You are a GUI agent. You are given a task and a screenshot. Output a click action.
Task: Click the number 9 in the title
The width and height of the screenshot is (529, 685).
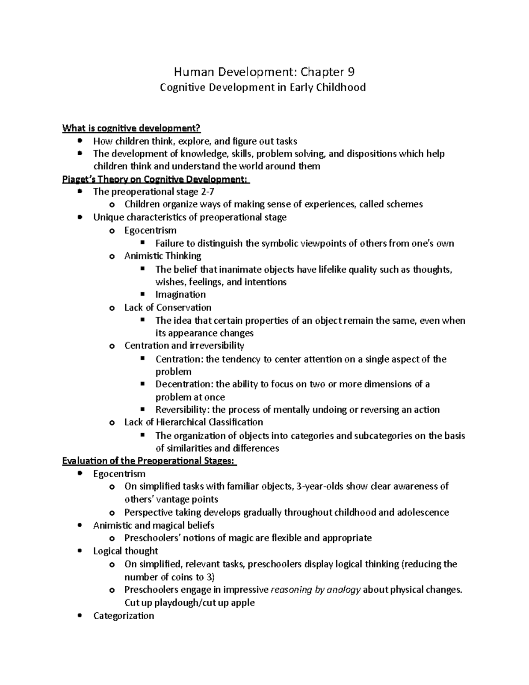click(x=351, y=71)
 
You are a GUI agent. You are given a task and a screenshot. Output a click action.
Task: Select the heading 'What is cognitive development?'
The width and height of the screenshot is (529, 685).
click(x=131, y=128)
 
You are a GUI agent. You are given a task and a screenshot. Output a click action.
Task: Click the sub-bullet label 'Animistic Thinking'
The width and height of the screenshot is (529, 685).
click(x=163, y=256)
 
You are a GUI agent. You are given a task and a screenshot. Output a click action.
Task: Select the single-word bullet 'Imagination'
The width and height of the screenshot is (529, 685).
click(x=180, y=294)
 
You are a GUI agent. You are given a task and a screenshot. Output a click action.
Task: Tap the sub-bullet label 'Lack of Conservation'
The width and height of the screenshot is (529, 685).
click(x=168, y=307)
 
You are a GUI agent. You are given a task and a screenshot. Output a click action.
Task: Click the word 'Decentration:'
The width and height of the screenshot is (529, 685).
click(x=184, y=384)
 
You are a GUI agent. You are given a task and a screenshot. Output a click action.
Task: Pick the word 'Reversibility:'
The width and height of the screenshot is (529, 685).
click(x=183, y=410)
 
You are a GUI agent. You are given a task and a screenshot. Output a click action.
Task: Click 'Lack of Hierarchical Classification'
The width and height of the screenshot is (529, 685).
click(x=194, y=422)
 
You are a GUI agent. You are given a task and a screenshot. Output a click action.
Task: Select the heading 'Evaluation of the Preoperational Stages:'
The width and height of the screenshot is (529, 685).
click(x=149, y=461)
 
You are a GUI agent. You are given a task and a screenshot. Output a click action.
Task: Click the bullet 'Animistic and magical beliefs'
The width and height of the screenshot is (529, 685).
click(x=153, y=525)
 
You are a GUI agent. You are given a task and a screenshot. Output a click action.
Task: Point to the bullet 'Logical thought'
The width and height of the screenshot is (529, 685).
click(x=125, y=551)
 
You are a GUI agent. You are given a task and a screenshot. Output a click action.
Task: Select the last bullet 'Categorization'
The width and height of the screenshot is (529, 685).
click(x=123, y=616)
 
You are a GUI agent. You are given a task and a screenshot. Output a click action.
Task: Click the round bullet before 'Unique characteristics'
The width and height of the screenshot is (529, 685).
click(x=79, y=217)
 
